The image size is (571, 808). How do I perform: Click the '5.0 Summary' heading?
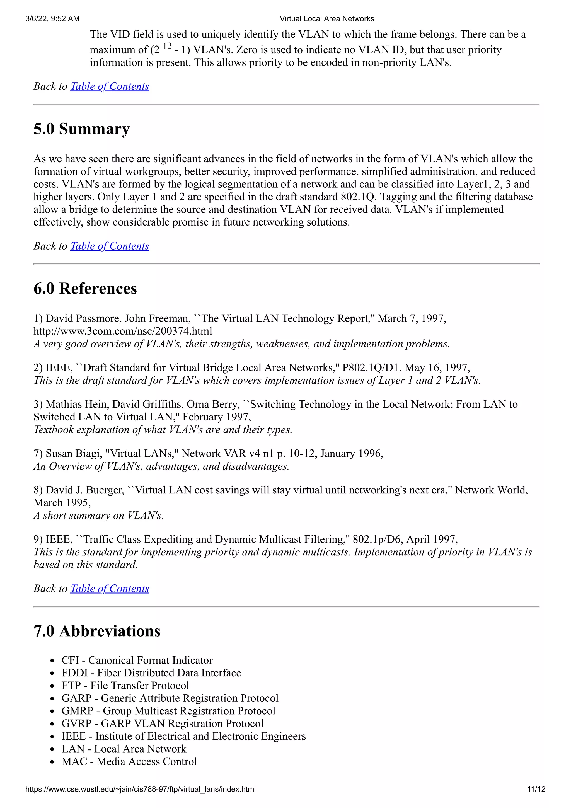82,129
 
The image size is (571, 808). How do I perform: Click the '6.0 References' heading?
85,288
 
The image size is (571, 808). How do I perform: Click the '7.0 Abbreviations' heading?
97,631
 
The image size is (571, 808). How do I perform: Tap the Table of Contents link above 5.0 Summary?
110,86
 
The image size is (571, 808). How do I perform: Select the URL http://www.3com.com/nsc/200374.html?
123,331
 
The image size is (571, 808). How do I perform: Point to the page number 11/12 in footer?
536,789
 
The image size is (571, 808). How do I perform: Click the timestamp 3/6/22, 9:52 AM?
52,19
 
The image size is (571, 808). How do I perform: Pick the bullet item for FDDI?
151,673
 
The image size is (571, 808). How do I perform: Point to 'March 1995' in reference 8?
62,503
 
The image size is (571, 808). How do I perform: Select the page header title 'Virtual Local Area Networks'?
327,19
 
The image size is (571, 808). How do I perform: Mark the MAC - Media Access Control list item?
129,761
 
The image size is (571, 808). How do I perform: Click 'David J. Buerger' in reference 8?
85,490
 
